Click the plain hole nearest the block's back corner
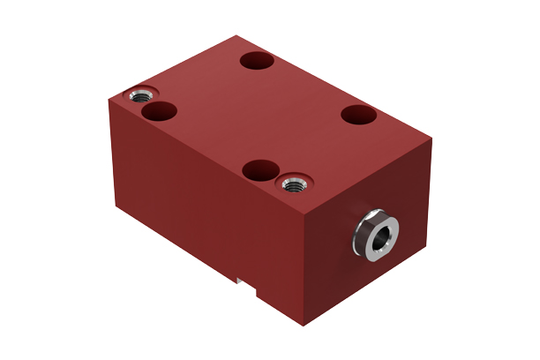258,61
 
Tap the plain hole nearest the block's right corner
359,115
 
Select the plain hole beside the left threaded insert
159,110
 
